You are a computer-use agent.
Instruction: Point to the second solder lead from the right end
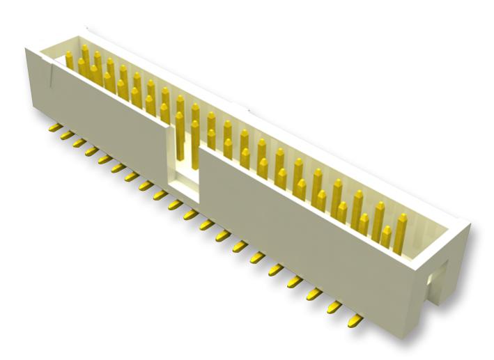point(337,306)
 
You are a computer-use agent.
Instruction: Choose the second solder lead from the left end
point(64,135)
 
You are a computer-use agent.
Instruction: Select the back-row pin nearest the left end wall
point(69,61)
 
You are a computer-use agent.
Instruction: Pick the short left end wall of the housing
point(36,84)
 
